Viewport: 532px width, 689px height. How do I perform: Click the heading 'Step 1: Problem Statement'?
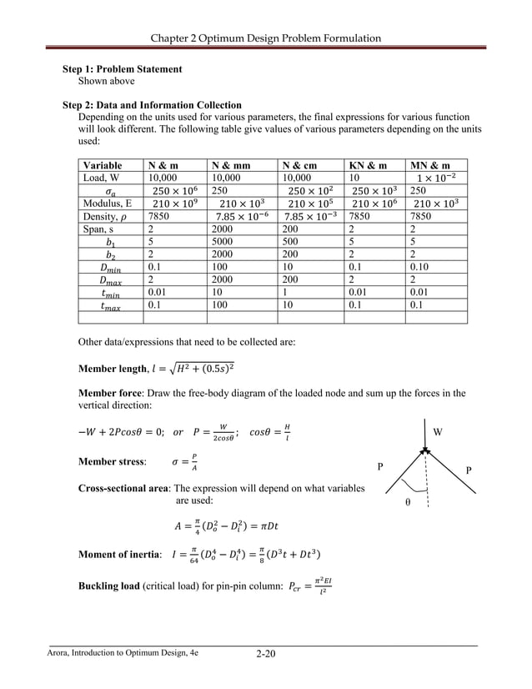pos(123,69)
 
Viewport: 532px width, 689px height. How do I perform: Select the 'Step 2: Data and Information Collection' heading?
pos(153,105)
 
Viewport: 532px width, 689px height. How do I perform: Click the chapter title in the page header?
pos(265,38)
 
